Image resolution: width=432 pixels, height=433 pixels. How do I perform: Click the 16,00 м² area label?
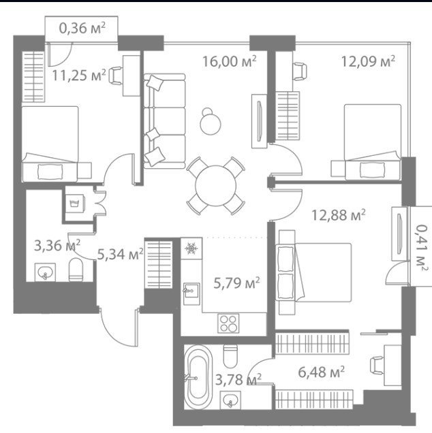(x=229, y=61)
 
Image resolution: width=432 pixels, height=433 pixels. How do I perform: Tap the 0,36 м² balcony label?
(x=82, y=28)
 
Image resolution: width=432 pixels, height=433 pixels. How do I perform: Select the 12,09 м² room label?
(x=368, y=61)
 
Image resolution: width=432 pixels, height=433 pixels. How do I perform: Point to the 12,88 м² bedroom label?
(x=338, y=215)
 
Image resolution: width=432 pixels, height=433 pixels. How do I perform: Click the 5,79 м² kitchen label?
(x=236, y=283)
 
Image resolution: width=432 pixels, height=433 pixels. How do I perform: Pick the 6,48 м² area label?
(x=321, y=372)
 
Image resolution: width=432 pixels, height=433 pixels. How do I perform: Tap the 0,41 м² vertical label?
(x=422, y=247)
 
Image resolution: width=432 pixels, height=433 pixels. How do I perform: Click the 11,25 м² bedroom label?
(x=79, y=75)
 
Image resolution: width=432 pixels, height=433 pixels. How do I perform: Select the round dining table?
(x=215, y=186)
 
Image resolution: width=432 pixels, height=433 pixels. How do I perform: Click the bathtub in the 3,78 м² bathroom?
(x=198, y=377)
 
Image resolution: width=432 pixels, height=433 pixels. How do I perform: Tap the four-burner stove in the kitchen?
(x=228, y=323)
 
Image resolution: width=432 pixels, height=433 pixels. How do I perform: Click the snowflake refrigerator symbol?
(x=191, y=248)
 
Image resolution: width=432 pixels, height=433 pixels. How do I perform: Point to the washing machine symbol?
(x=74, y=204)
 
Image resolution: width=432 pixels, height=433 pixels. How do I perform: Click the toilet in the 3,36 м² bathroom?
(x=76, y=270)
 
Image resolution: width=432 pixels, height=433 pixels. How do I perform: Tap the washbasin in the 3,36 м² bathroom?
(x=45, y=272)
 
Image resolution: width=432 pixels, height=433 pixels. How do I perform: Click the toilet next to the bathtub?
(x=230, y=356)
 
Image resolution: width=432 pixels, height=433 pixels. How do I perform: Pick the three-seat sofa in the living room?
(x=164, y=121)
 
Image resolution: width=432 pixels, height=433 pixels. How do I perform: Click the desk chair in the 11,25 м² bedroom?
(x=115, y=76)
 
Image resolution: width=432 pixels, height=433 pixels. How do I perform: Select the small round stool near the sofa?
(x=211, y=121)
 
